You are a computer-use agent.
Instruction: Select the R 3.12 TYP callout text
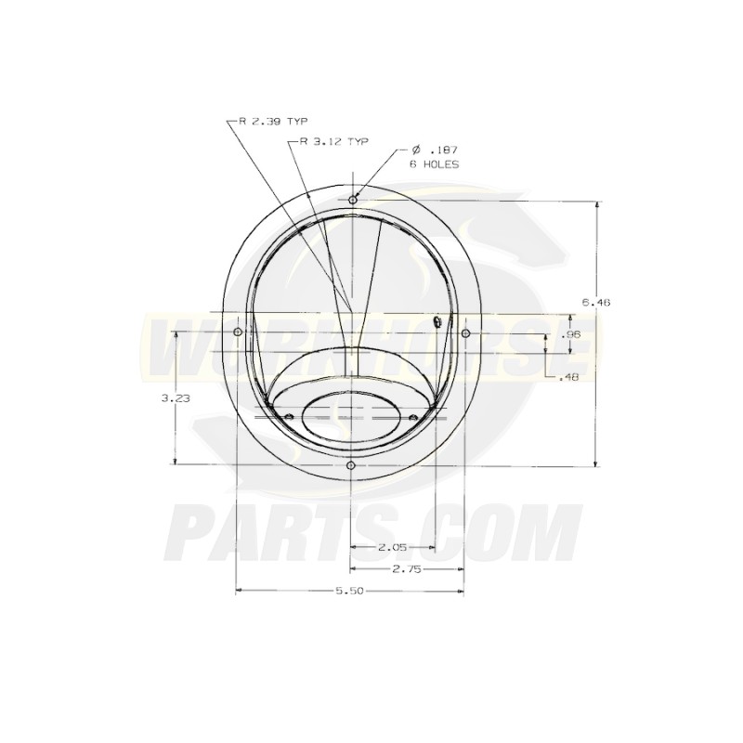333,141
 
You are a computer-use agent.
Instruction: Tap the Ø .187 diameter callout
434,150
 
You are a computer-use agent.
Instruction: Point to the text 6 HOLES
434,163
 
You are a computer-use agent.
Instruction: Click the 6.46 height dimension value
594,302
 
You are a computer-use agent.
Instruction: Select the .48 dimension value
570,377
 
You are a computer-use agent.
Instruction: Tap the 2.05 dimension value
391,548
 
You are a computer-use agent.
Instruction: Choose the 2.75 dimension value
406,569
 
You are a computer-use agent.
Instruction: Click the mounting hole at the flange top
352,200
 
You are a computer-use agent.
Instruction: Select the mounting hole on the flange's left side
238,332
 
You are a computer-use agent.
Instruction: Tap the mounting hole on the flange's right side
465,332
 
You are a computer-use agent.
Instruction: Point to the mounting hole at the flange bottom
350,464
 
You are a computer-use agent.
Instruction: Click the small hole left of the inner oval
288,415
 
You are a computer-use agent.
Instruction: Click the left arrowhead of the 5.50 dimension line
240,592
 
